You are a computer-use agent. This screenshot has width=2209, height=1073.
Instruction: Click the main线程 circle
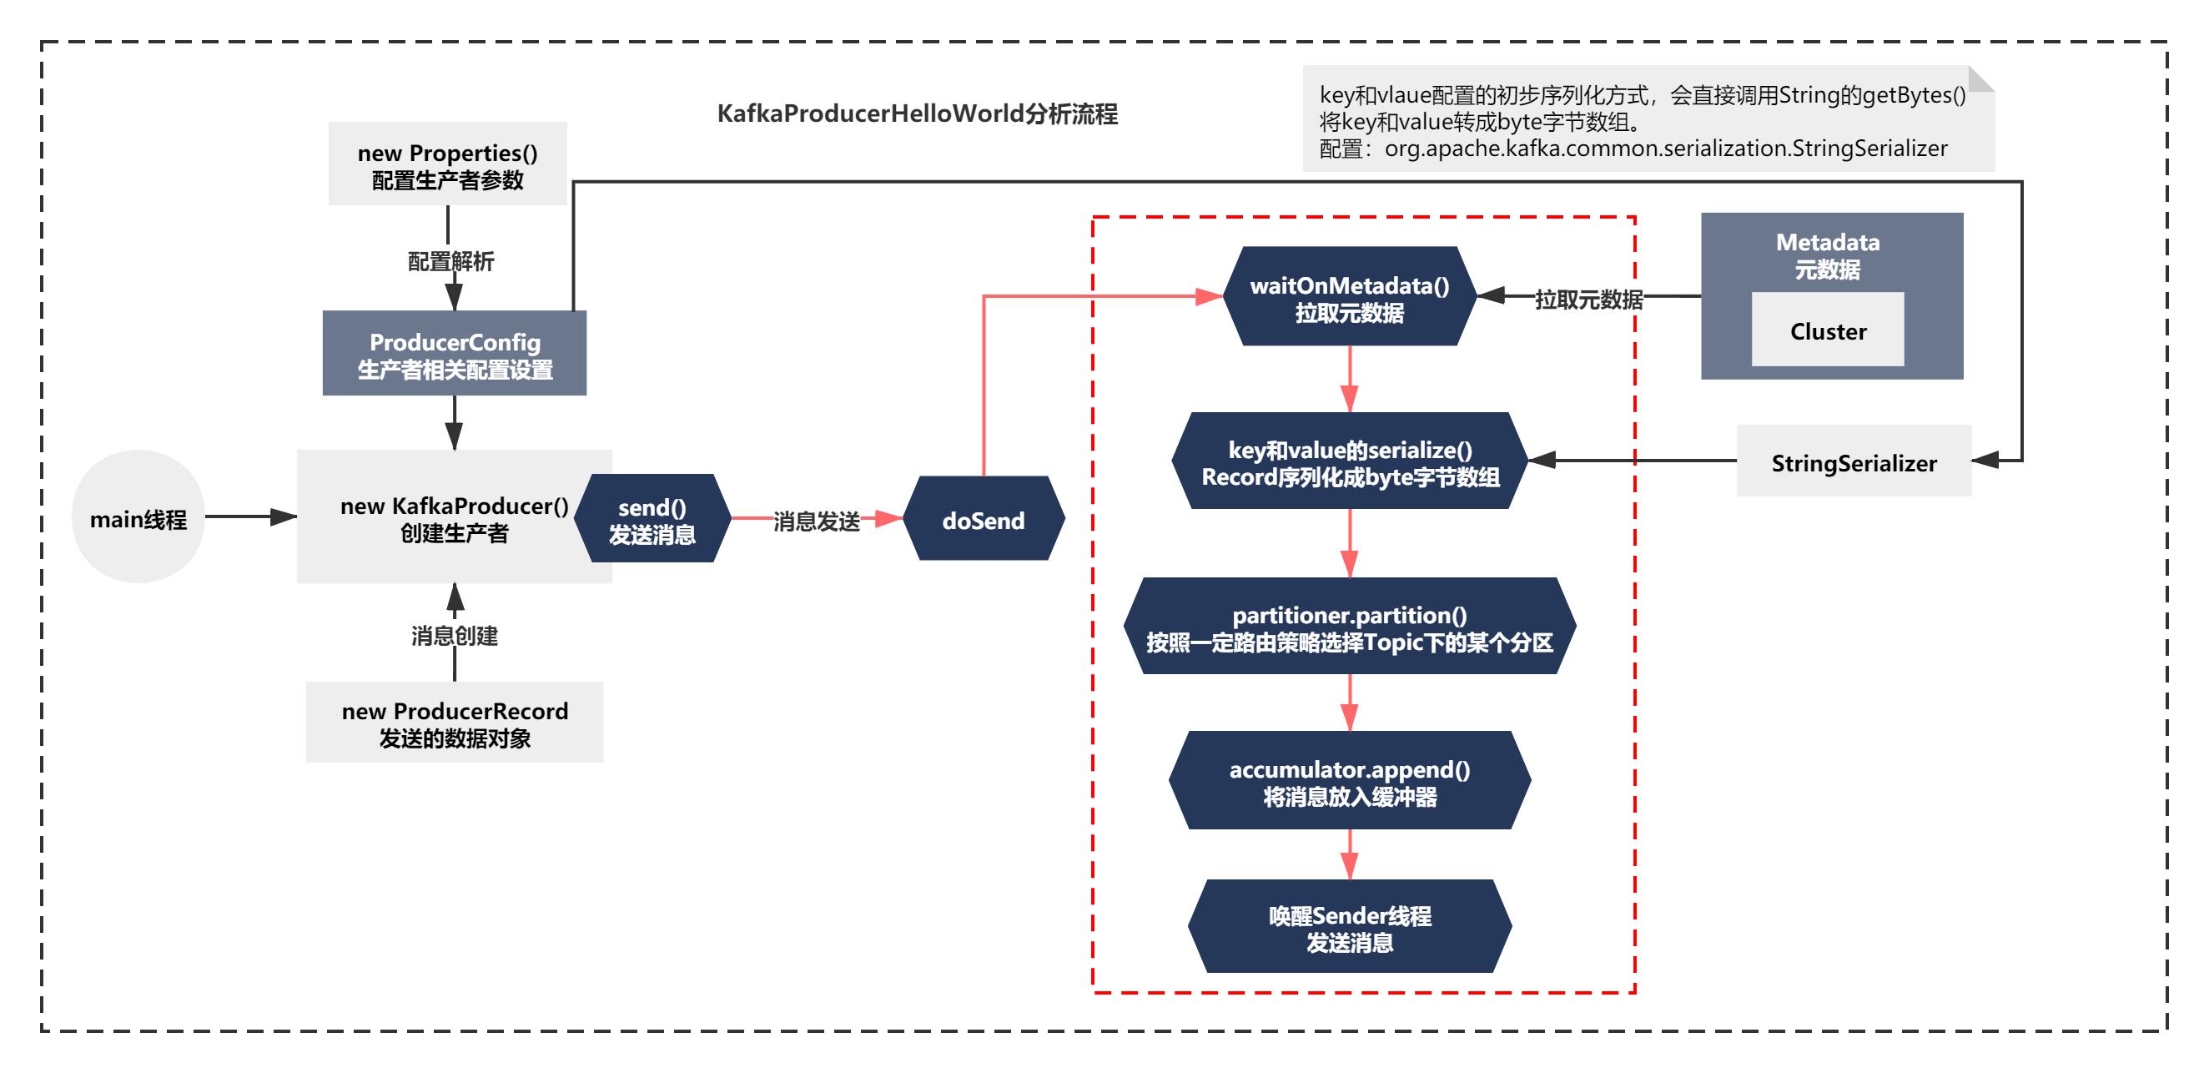(138, 517)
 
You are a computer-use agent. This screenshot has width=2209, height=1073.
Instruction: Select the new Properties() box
(447, 164)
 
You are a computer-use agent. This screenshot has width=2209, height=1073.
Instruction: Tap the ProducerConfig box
(454, 354)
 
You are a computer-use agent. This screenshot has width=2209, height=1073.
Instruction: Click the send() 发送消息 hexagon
(652, 520)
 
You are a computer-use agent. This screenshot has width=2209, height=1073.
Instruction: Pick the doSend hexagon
(984, 520)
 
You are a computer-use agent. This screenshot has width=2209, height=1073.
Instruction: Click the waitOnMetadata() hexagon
(1349, 297)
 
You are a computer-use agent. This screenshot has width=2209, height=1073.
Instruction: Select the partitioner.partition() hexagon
(1349, 627)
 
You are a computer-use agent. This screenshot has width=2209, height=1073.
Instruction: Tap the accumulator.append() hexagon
(1349, 780)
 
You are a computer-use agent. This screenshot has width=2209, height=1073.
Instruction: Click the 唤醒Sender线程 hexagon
(1349, 927)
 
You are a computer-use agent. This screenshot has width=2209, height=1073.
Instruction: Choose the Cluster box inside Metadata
(1828, 330)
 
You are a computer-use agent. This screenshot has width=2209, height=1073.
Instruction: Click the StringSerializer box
(1853, 461)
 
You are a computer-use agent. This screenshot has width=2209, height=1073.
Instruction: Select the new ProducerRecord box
(454, 723)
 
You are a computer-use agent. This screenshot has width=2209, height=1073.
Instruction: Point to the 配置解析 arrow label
(450, 261)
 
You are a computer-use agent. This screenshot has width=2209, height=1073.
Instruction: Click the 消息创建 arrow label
(454, 636)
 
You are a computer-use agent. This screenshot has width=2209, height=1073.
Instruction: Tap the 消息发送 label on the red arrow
(816, 521)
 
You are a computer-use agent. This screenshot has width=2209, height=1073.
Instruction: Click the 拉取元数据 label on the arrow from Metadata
(1588, 300)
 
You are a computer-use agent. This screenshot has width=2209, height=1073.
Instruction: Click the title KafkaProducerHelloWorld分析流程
(917, 113)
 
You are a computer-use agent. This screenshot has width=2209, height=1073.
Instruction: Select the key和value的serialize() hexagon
(1349, 461)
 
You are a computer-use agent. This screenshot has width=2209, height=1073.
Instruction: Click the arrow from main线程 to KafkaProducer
(250, 516)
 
